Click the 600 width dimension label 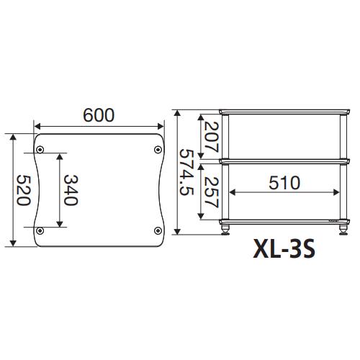98,116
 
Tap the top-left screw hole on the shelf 40,150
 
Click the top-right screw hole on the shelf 158,150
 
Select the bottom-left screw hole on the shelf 40,230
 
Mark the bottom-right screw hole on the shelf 158,230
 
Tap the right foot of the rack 341,230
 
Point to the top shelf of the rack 284,110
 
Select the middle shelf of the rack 284,161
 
